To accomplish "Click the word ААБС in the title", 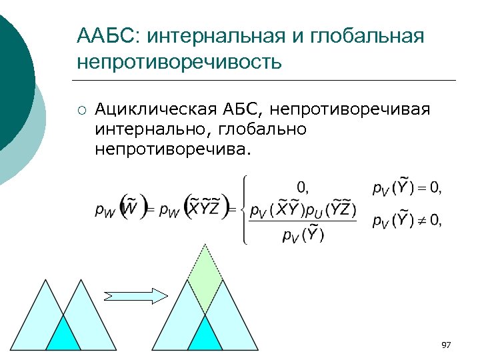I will pos(107,35).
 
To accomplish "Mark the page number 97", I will pos(446,345).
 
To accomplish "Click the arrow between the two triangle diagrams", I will pos(136,295).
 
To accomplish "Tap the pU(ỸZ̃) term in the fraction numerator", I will pos(331,210).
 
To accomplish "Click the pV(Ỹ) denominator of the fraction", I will pos(303,235).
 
